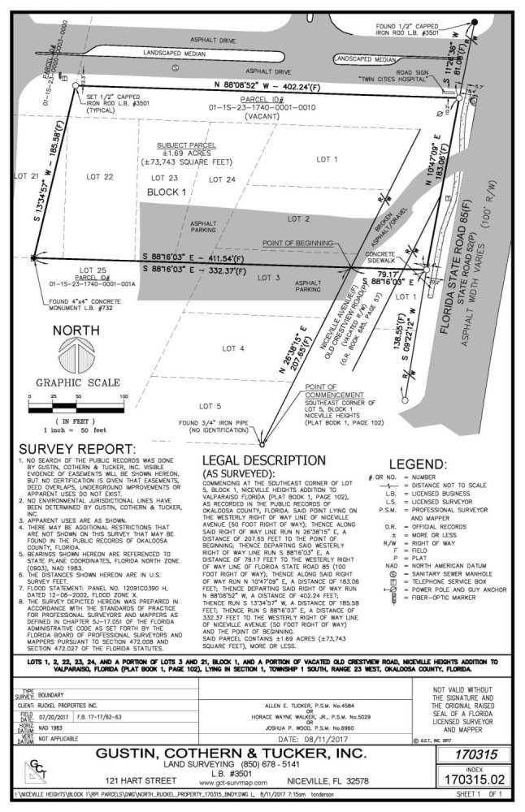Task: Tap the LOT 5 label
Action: tap(216, 404)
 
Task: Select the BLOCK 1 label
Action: tap(167, 191)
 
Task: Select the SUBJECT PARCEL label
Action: tap(186, 145)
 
